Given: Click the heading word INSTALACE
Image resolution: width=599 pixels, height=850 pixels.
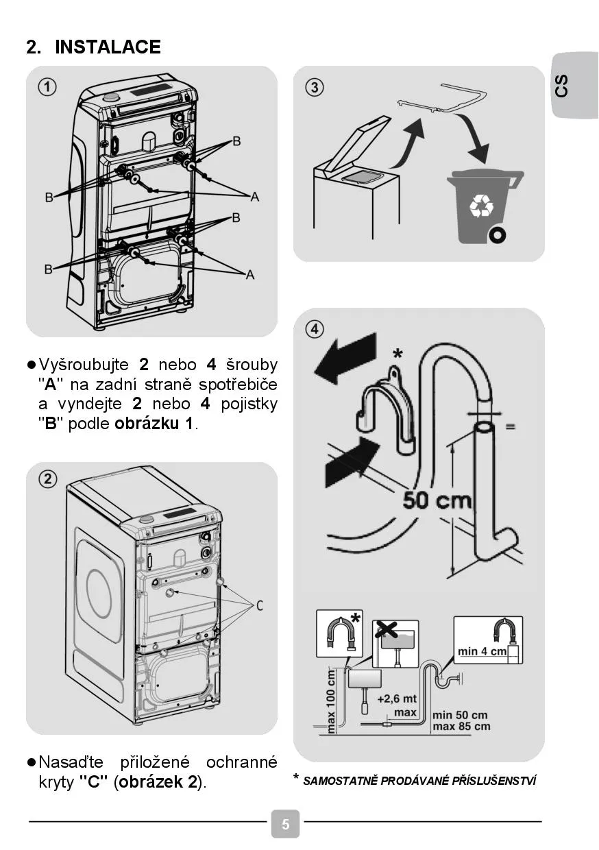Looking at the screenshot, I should pos(108,47).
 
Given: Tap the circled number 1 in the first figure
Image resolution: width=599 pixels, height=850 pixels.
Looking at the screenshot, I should pos(47,87).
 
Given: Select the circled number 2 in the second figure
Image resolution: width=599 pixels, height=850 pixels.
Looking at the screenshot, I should pos(47,479).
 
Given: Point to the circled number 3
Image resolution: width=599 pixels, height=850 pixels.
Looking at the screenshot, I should pos(314,87).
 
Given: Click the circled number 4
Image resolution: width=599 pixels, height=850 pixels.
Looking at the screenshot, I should pos(314,329).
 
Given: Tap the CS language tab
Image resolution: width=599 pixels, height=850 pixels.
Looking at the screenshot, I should pos(562,86).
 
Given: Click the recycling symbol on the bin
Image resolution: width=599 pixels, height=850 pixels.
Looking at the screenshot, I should pos(480,205).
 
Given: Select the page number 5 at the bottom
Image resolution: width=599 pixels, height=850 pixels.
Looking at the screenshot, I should pos(286,824).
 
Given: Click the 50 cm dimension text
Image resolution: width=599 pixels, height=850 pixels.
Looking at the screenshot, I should pos(437,500).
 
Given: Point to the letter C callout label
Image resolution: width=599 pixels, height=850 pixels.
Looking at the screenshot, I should pos(260,605).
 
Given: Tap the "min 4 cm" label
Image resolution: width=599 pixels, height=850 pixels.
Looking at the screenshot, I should pos(482,651).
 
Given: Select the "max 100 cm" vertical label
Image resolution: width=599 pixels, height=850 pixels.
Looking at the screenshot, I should pos(332,701).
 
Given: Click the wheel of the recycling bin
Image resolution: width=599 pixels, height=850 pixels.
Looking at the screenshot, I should pos(497,235).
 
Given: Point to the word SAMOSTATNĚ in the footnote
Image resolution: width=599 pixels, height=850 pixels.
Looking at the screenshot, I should pos(340,781).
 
